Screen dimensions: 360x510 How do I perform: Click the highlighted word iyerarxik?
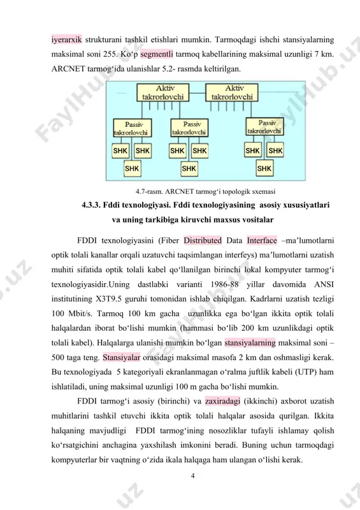[x=66, y=40]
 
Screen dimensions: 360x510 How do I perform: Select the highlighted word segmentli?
[x=156, y=54]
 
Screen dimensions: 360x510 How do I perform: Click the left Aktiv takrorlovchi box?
[x=163, y=92]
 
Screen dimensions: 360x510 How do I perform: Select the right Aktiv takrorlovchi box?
[x=232, y=92]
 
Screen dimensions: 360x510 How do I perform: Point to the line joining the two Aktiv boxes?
[x=198, y=92]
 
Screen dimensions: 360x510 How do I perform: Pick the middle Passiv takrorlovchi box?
[x=189, y=128]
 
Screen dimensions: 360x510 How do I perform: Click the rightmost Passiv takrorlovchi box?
[x=264, y=127]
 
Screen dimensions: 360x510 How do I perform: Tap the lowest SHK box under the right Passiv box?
[x=264, y=168]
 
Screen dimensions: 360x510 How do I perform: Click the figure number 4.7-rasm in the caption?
[x=149, y=192]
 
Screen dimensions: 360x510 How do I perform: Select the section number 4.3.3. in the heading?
[x=91, y=205]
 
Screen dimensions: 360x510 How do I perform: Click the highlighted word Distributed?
[x=203, y=240]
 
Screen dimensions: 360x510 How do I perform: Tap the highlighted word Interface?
[x=262, y=240]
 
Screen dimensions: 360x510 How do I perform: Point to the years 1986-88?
[x=224, y=284]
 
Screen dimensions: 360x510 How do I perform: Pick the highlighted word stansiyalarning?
[x=250, y=343]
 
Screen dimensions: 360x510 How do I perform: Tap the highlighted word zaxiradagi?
[x=223, y=401]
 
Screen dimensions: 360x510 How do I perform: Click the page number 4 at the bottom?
[x=193, y=476]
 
